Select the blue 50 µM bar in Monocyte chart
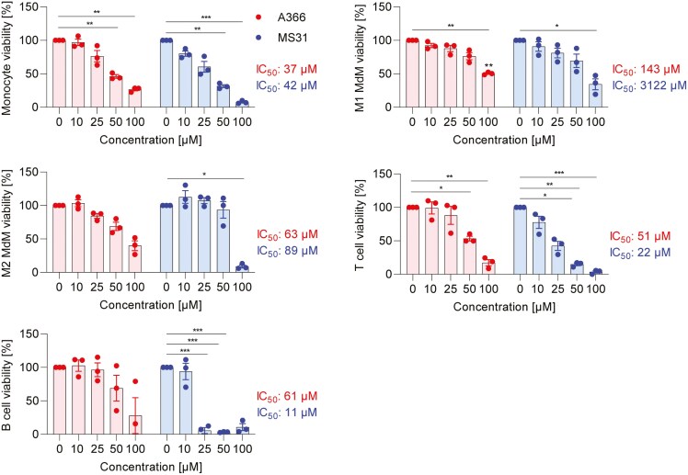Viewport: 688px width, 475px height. click(x=222, y=96)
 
